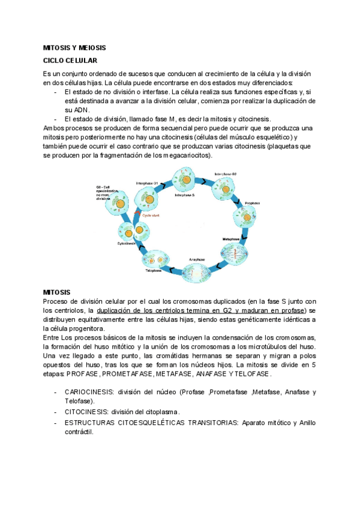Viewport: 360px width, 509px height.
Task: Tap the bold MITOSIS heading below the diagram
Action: click(57, 292)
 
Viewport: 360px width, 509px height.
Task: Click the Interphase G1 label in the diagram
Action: click(147, 182)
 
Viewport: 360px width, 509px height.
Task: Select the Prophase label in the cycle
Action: click(252, 203)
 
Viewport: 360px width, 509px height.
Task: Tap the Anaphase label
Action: click(198, 259)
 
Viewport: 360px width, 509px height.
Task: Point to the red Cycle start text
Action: click(151, 214)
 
